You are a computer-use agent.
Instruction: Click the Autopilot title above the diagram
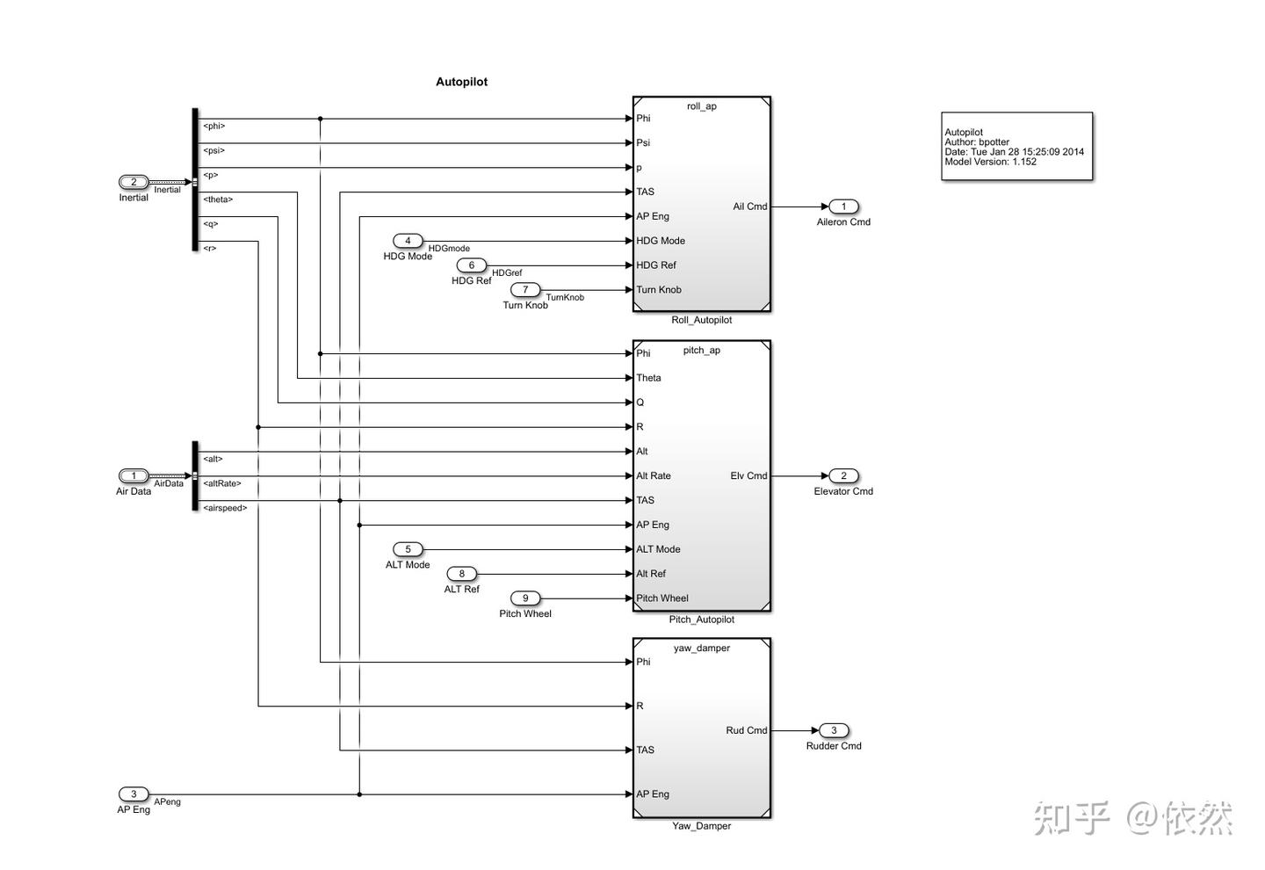tap(461, 82)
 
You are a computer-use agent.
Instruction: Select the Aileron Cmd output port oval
tap(843, 207)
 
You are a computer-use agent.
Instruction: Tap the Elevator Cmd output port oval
tap(843, 475)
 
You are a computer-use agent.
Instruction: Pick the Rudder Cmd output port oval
tap(834, 730)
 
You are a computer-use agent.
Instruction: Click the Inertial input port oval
tap(134, 182)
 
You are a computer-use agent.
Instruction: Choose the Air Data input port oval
tap(134, 475)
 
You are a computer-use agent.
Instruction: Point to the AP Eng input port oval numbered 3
tap(134, 794)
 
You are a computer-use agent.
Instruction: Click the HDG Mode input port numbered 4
tap(408, 241)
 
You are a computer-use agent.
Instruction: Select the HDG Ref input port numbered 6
tap(471, 265)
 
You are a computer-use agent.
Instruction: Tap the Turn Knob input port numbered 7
tap(525, 290)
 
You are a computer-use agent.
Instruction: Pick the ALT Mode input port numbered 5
tap(408, 549)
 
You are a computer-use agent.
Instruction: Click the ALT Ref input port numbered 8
tap(461, 574)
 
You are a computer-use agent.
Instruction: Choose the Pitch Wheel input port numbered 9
tap(525, 598)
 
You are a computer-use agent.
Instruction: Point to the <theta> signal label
tap(218, 199)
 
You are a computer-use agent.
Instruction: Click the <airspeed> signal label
tap(225, 508)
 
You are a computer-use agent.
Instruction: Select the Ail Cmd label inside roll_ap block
tap(750, 207)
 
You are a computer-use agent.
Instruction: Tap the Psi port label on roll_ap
tap(643, 142)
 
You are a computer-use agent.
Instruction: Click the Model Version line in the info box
tap(990, 162)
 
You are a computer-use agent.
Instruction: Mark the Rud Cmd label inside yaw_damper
tap(746, 730)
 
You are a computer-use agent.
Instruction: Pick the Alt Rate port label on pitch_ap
tap(654, 475)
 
